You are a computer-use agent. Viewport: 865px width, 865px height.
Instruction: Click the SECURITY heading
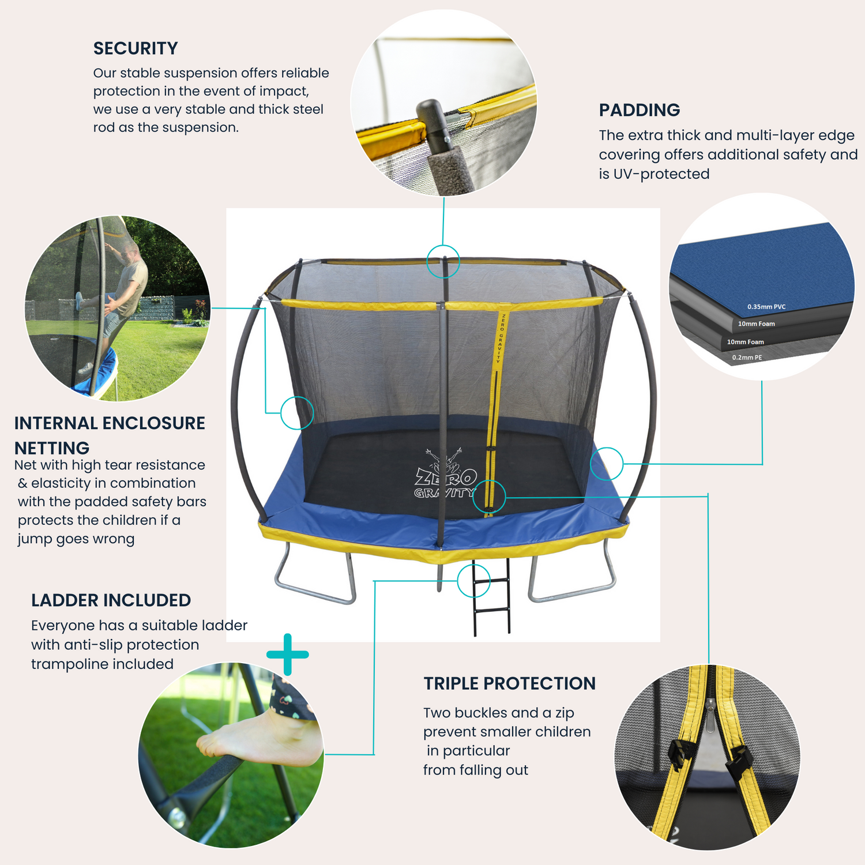(x=136, y=48)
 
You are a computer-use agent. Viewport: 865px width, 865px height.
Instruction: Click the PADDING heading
(x=639, y=110)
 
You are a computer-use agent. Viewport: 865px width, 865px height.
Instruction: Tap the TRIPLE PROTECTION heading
(x=509, y=683)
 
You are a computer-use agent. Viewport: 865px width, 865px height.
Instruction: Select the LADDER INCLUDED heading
(x=111, y=600)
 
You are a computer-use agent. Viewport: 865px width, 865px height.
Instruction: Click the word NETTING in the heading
(x=52, y=448)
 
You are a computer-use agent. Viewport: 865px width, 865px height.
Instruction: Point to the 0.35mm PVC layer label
(x=766, y=307)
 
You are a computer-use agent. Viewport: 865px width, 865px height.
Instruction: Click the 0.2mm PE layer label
(x=747, y=358)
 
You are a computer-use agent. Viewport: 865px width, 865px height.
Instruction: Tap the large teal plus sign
(x=288, y=655)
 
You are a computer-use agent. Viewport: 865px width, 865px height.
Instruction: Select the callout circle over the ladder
(x=473, y=581)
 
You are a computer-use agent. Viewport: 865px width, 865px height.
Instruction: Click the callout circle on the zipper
(x=489, y=497)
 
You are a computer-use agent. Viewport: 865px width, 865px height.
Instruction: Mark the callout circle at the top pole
(x=443, y=261)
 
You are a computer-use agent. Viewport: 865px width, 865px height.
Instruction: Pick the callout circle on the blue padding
(x=607, y=463)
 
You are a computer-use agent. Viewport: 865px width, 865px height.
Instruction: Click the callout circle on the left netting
(x=297, y=412)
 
